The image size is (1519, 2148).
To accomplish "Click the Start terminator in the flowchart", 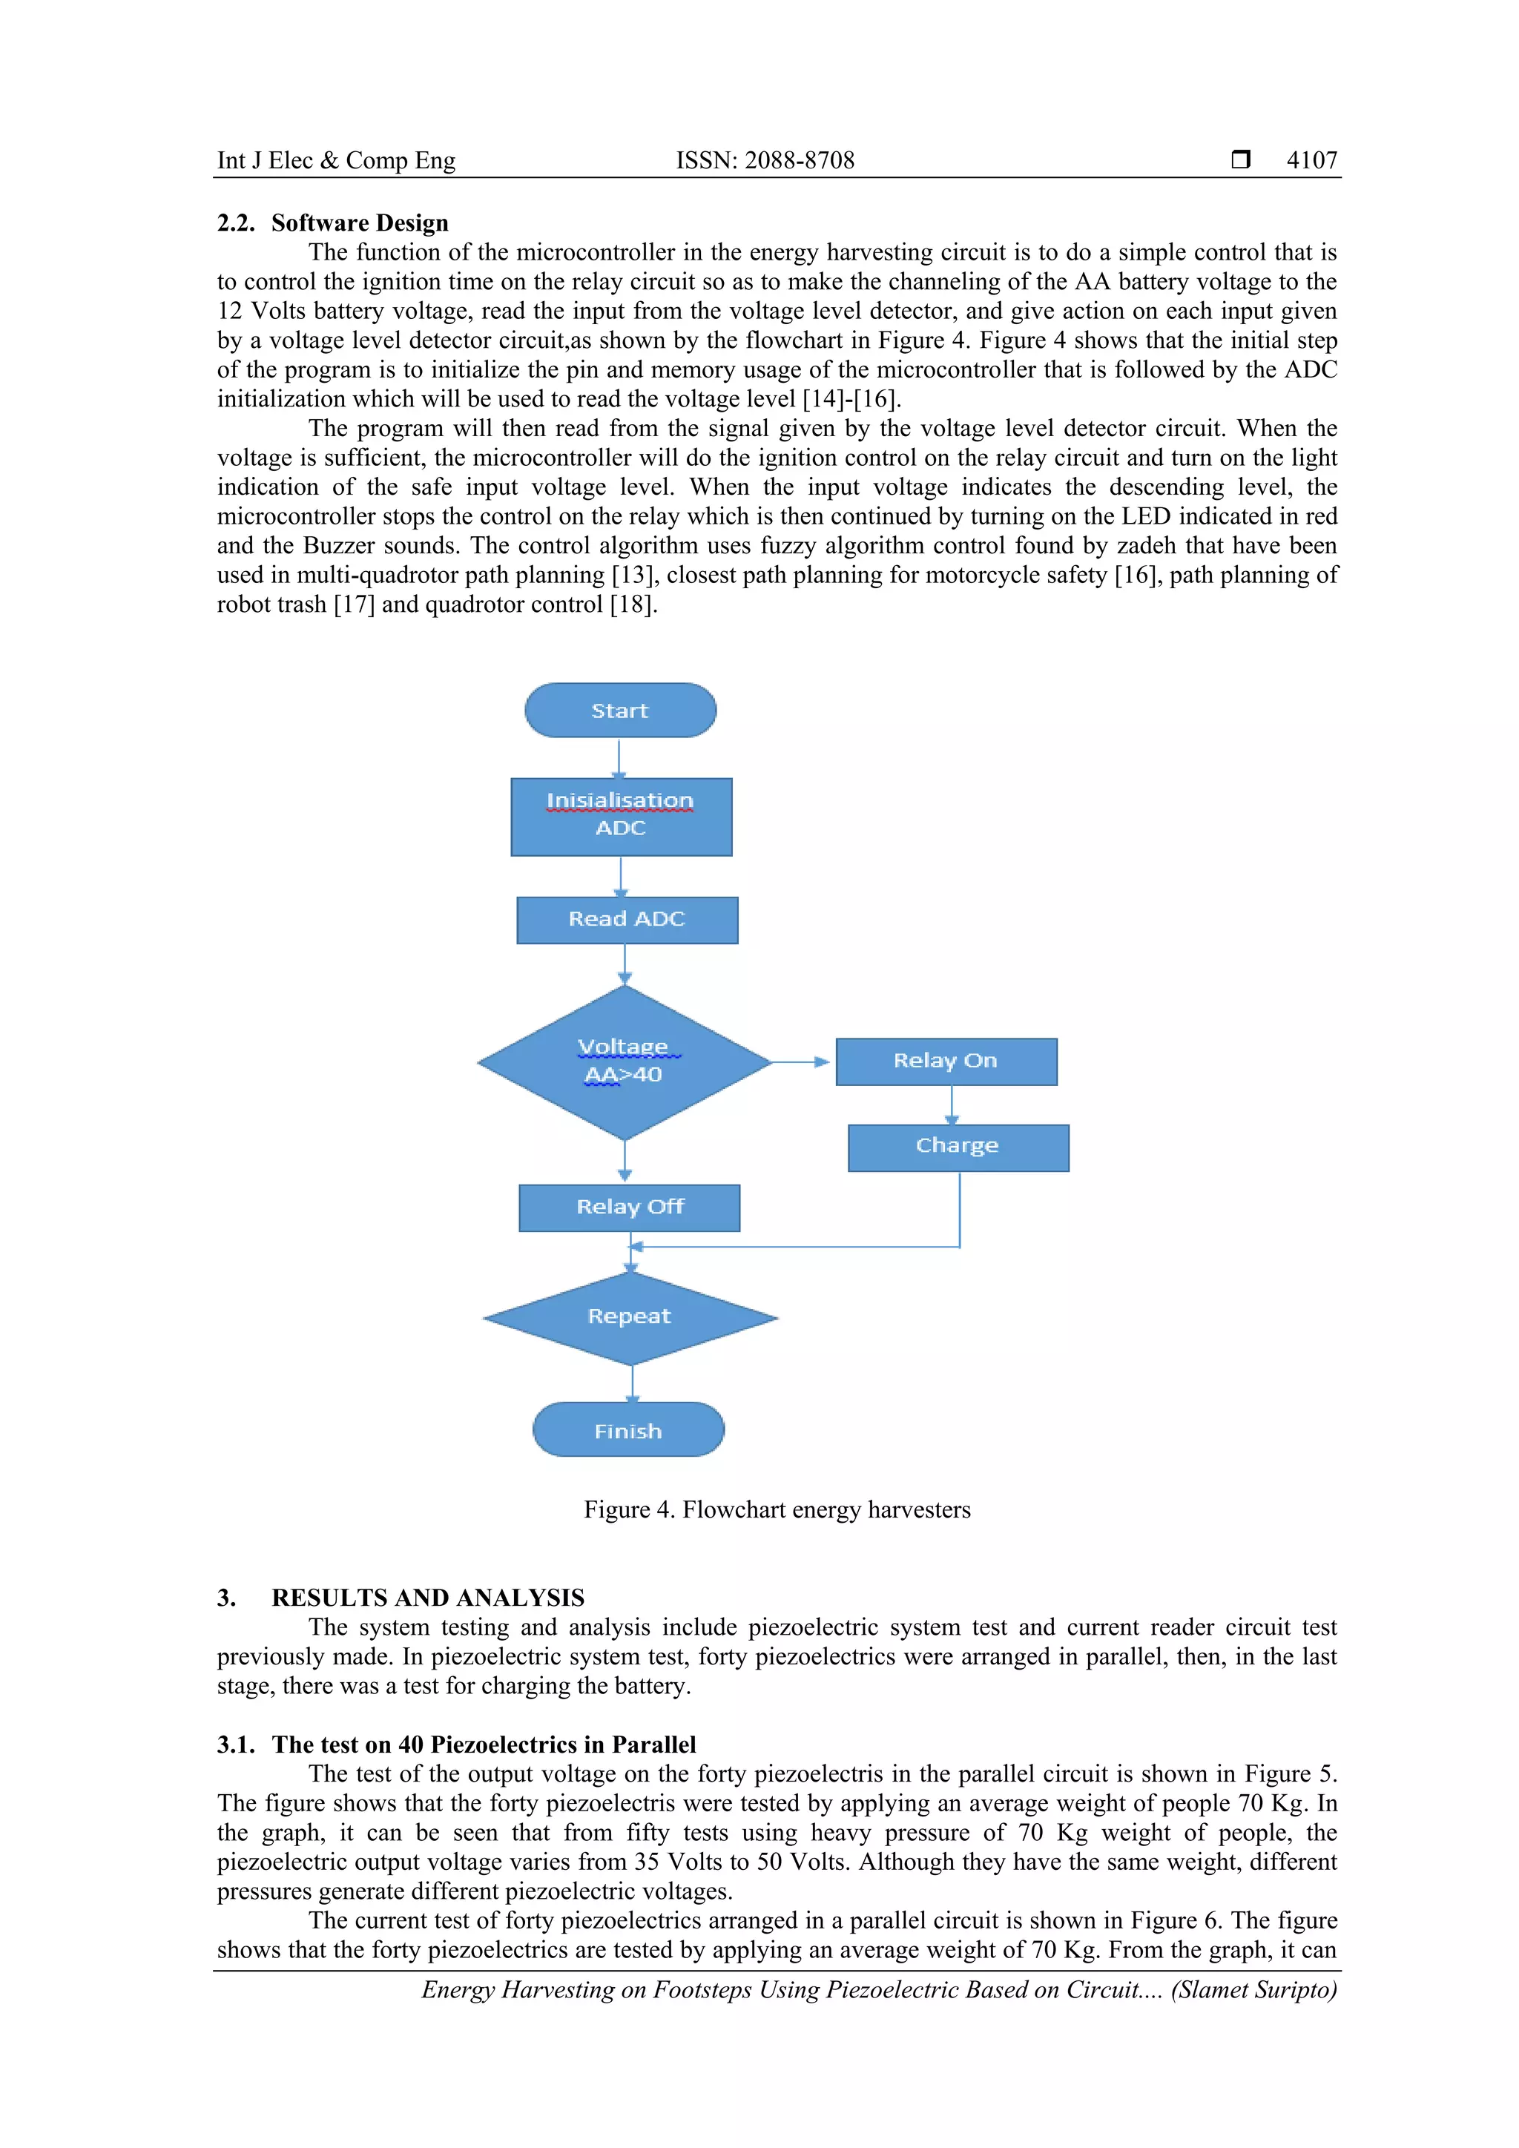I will point(620,710).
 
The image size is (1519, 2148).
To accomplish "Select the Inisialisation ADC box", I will point(621,816).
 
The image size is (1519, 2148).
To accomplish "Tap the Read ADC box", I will point(627,920).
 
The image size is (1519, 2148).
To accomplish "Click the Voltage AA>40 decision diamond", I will point(624,1062).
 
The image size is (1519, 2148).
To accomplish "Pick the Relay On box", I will point(946,1061).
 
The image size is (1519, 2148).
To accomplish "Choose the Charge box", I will point(958,1147).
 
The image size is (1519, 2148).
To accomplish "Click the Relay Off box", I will point(630,1208).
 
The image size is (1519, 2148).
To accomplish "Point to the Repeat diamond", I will point(630,1317).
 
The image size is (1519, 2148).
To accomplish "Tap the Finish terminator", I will point(628,1431).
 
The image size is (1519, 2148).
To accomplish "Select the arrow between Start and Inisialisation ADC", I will point(619,758).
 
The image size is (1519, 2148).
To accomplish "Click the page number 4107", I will point(1311,160).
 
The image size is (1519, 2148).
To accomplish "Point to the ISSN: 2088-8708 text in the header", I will point(765,160).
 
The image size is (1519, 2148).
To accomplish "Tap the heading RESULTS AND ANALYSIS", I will point(427,1597).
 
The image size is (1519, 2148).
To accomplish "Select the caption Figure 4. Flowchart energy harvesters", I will point(777,1509).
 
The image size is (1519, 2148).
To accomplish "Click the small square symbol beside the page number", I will point(1240,160).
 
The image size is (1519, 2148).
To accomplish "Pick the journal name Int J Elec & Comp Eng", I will point(336,160).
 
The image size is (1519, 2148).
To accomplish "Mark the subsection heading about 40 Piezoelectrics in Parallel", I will point(484,1744).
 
